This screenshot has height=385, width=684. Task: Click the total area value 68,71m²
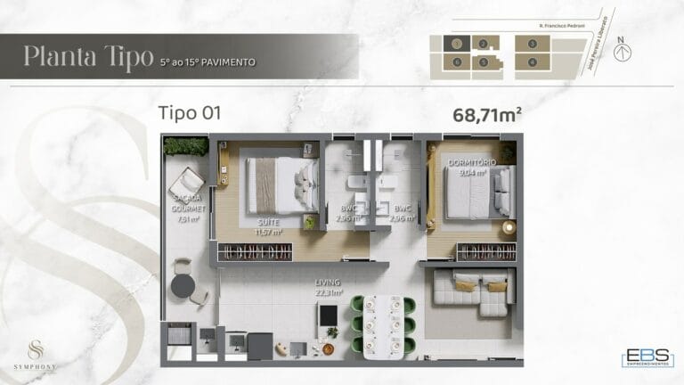pos(487,114)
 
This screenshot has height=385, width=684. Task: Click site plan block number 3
pos(532,44)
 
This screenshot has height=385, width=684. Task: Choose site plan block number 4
pos(532,61)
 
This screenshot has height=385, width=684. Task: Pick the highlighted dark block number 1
pos(456,44)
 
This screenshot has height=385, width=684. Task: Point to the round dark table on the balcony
pos(183,285)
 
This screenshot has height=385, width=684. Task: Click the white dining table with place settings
pos(383,323)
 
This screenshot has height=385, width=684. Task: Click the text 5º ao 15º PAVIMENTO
pos(208,62)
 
